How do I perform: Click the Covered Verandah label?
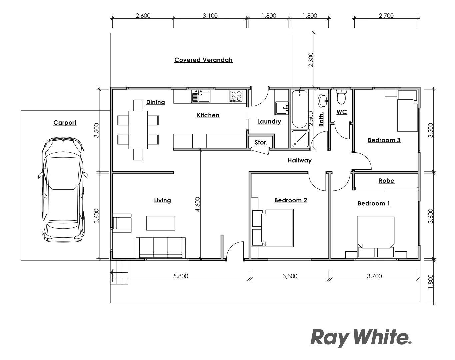click(x=203, y=60)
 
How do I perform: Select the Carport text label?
click(x=65, y=123)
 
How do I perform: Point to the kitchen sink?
click(x=200, y=96)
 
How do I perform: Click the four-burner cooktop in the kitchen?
click(x=235, y=96)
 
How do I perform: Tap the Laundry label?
click(x=269, y=122)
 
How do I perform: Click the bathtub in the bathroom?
click(x=300, y=109)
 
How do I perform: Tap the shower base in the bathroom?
click(x=300, y=139)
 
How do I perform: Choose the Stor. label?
click(x=261, y=143)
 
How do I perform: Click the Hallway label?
click(x=300, y=160)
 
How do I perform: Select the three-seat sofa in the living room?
click(x=161, y=248)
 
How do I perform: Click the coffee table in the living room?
click(x=161, y=223)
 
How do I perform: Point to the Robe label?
click(x=386, y=181)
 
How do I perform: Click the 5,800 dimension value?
click(x=181, y=276)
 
